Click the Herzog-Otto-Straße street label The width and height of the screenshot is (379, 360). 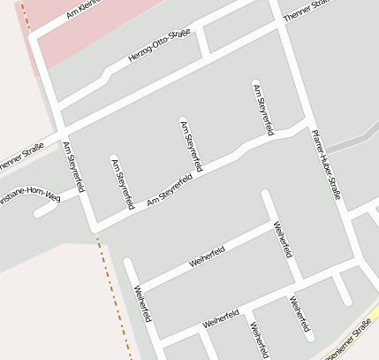point(160,46)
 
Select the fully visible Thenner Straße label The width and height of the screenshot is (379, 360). point(306,10)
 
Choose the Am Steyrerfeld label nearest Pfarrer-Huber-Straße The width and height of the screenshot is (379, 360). point(262,109)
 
